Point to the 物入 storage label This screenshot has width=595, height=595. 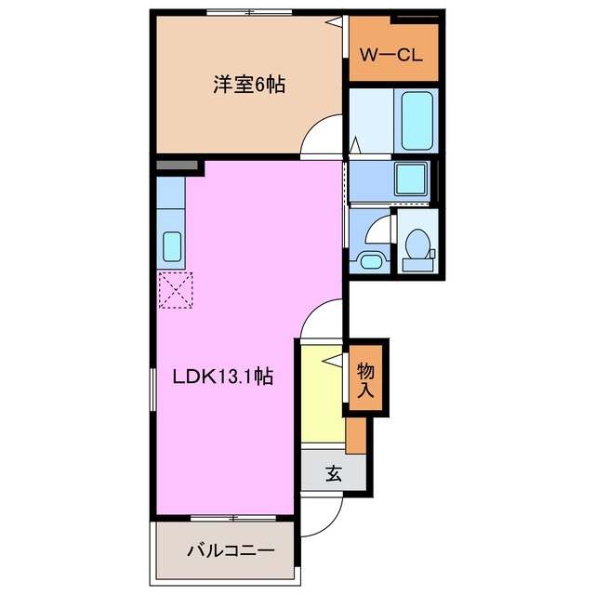click(365, 378)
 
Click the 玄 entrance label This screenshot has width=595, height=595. click(333, 473)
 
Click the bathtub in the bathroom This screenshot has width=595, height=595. click(417, 118)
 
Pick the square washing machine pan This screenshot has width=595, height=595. click(409, 178)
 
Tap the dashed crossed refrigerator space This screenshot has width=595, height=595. click(175, 290)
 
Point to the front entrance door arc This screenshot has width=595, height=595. click(322, 516)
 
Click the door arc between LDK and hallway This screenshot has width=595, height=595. click(321, 321)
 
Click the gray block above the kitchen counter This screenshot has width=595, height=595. click(178, 165)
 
